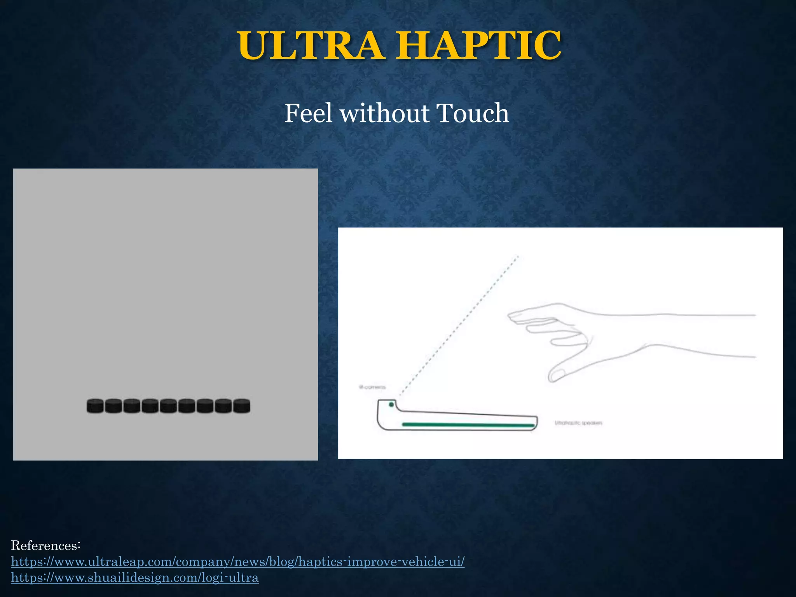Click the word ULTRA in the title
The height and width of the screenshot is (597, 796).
point(311,45)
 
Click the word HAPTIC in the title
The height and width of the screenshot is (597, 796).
point(480,45)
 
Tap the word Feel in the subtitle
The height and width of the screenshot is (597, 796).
point(308,113)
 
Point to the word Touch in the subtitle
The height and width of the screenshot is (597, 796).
point(472,113)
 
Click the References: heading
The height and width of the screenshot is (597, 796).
point(45,545)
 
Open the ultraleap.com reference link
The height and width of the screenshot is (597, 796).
point(237,562)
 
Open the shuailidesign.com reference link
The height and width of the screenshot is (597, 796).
point(134,578)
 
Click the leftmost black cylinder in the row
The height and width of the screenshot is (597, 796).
point(95,406)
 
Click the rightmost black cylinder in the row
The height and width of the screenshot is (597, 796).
point(242,406)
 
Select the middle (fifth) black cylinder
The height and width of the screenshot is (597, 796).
point(168,406)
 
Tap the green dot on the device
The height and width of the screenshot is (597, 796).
point(391,405)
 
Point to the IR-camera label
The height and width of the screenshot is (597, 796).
point(372,387)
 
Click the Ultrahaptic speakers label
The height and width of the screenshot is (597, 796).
point(578,423)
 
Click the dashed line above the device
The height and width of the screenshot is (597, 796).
point(459,326)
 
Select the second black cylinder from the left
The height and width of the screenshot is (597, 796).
point(113,406)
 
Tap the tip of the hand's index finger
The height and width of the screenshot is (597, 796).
point(510,316)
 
